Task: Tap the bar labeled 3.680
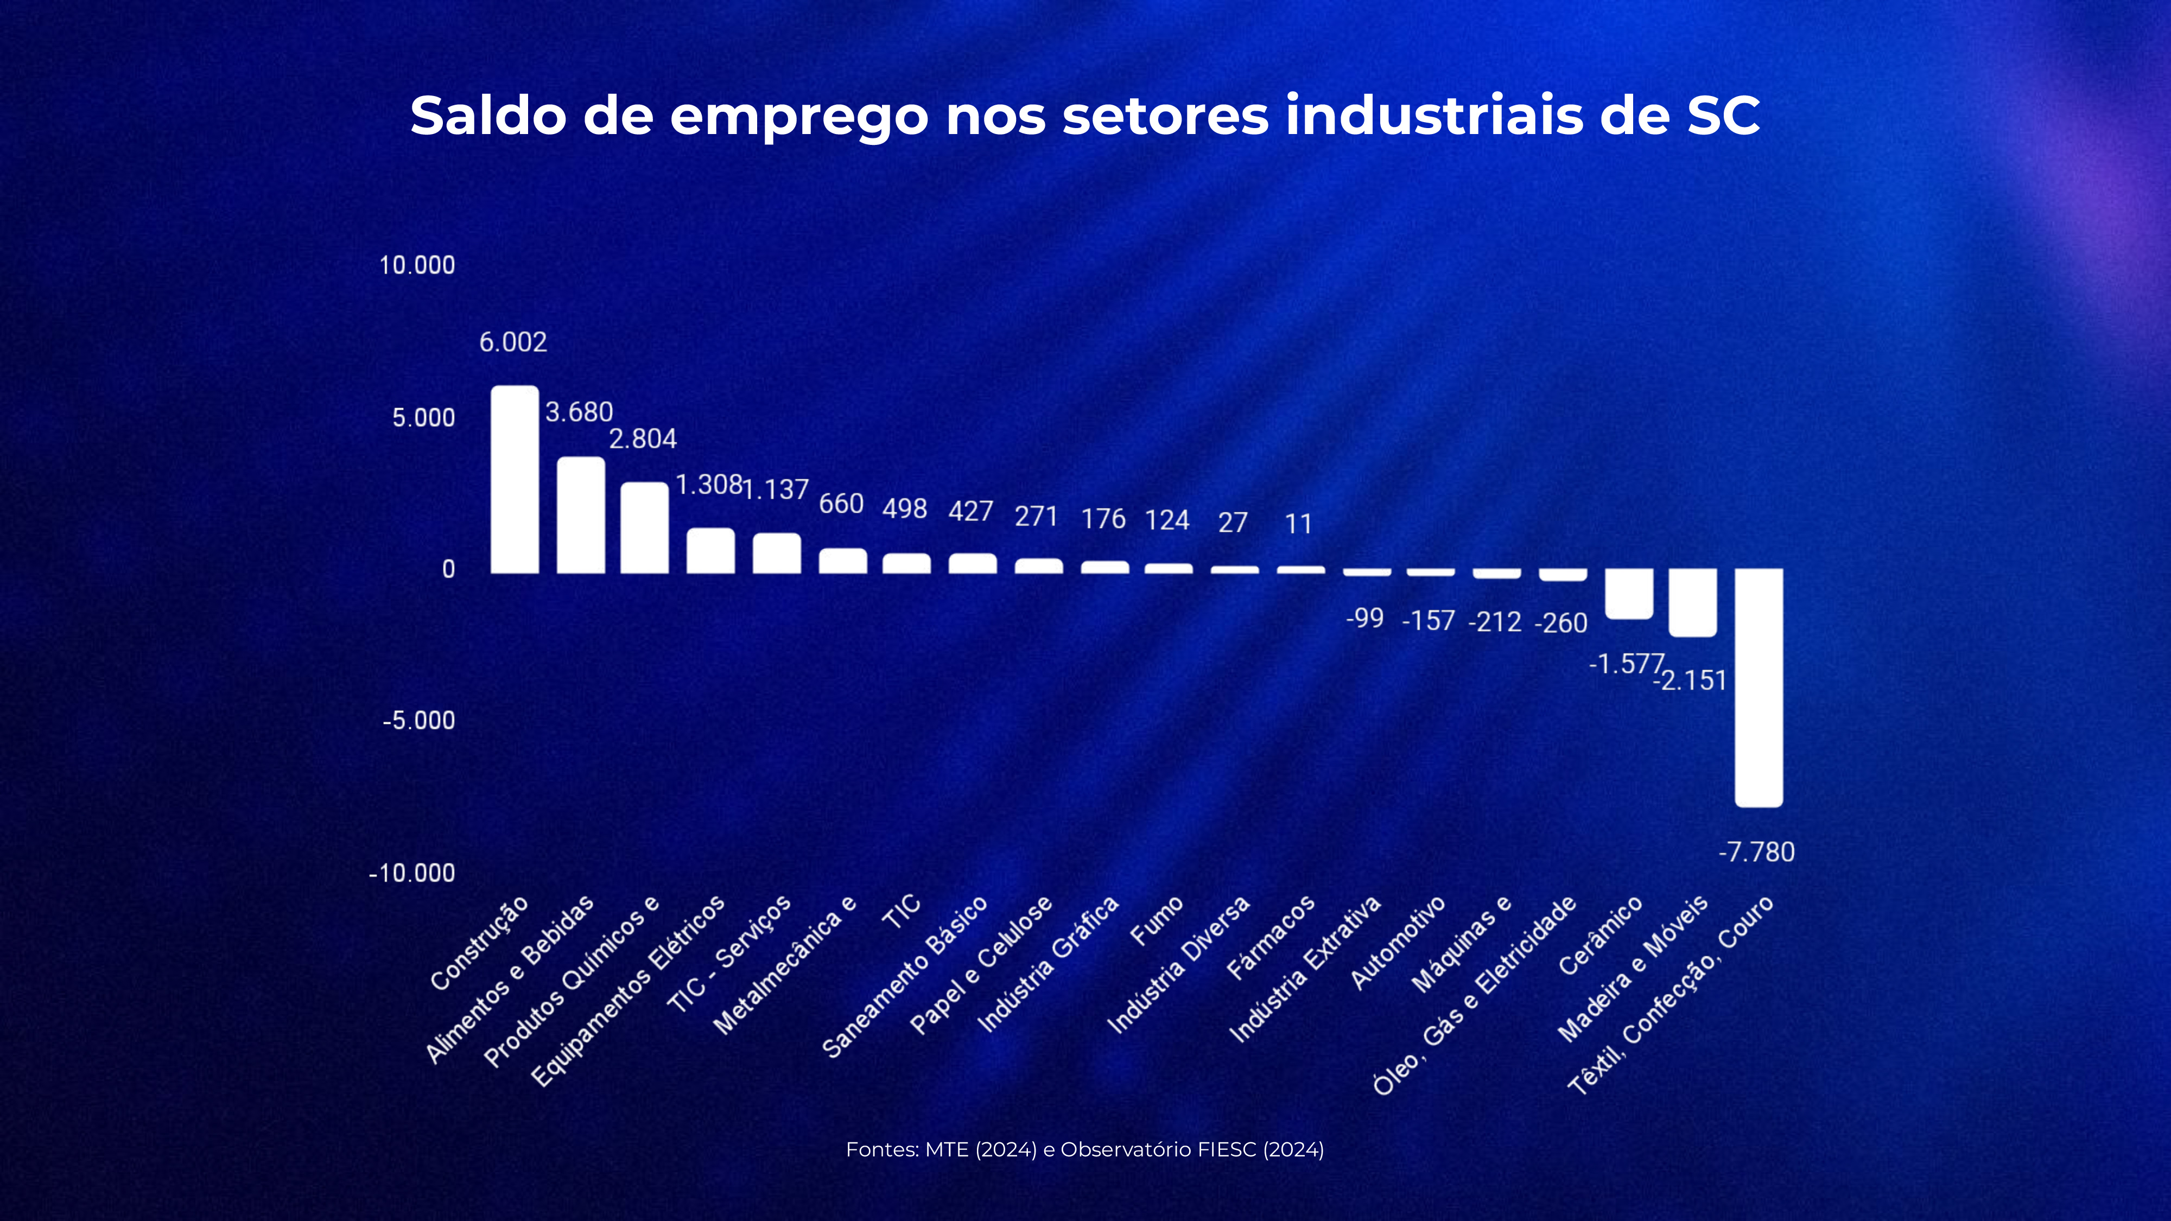(x=581, y=515)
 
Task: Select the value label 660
(x=841, y=504)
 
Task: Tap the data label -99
(x=1364, y=619)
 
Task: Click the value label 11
(x=1299, y=524)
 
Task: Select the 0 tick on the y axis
(x=448, y=570)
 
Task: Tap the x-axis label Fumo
(x=1156, y=921)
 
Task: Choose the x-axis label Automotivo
(x=1398, y=942)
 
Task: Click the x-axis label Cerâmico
(x=1601, y=936)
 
